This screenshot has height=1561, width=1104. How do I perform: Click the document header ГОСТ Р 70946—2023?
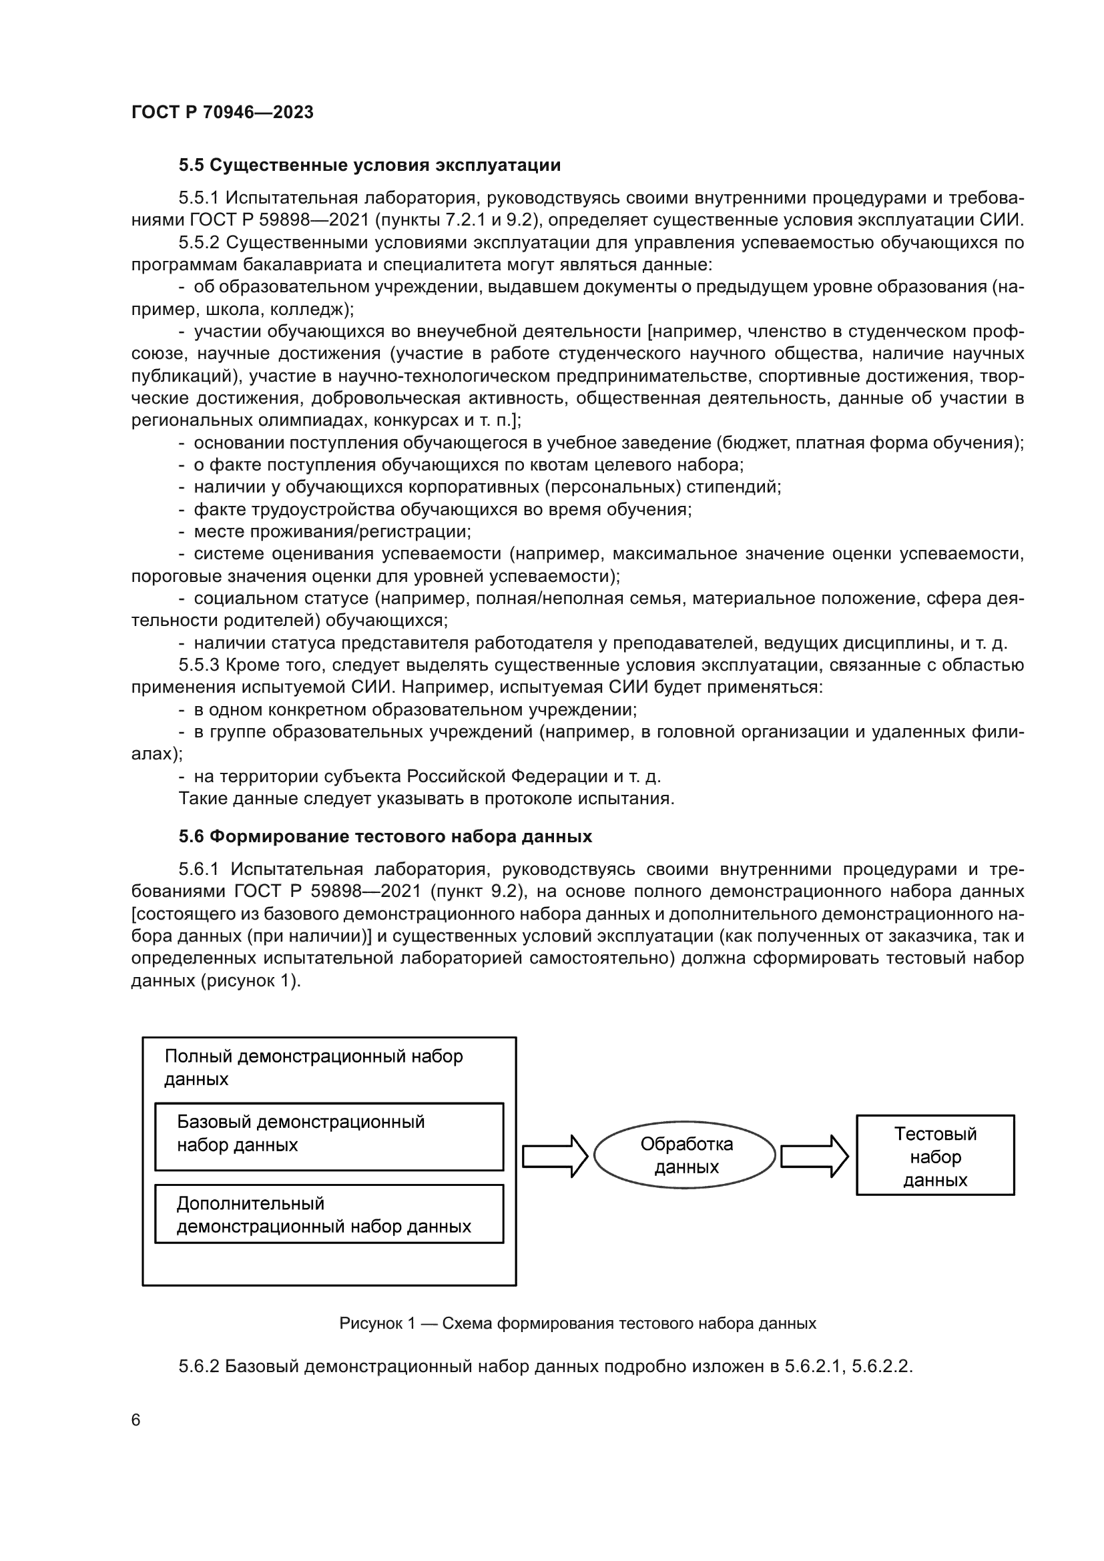pyautogui.click(x=222, y=112)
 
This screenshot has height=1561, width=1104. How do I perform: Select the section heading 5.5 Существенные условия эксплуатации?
pyautogui.click(x=370, y=166)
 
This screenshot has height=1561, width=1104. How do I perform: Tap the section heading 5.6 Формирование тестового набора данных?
pyautogui.click(x=385, y=836)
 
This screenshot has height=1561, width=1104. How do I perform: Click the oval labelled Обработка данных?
pyautogui.click(x=685, y=1155)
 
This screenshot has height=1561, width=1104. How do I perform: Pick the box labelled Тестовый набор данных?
pyautogui.click(x=934, y=1156)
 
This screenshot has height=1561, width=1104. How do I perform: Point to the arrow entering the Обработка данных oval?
pyautogui.click(x=554, y=1156)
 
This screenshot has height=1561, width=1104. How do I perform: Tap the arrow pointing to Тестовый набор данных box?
pyautogui.click(x=814, y=1156)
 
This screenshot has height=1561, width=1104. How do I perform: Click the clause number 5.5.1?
pyautogui.click(x=198, y=198)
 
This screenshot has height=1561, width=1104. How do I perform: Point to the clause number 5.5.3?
pyautogui.click(x=198, y=665)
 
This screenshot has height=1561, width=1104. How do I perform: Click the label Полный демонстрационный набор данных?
pyautogui.click(x=314, y=1067)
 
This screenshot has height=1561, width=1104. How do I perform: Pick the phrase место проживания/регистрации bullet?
pyautogui.click(x=332, y=531)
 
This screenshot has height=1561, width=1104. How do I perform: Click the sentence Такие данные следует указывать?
pyautogui.click(x=427, y=798)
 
